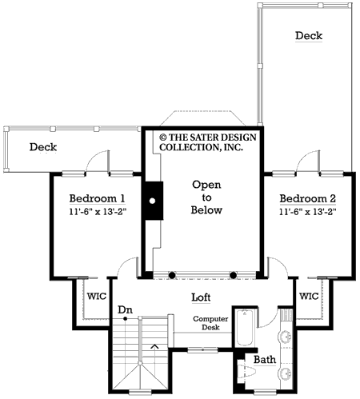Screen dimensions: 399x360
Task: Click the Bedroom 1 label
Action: [x=96, y=199]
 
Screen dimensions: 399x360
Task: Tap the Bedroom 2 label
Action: [x=307, y=198]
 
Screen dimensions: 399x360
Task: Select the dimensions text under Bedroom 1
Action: [x=96, y=213]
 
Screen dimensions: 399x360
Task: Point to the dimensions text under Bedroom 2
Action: [x=307, y=213]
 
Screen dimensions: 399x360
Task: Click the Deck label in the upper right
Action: [x=310, y=36]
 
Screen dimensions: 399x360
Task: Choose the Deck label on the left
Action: [x=46, y=147]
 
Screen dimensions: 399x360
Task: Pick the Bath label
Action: [x=265, y=361]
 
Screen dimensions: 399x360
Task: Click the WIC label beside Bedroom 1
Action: [x=96, y=296]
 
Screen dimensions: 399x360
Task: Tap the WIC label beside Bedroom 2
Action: [x=309, y=296]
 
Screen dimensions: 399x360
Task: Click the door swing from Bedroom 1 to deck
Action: [x=97, y=162]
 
